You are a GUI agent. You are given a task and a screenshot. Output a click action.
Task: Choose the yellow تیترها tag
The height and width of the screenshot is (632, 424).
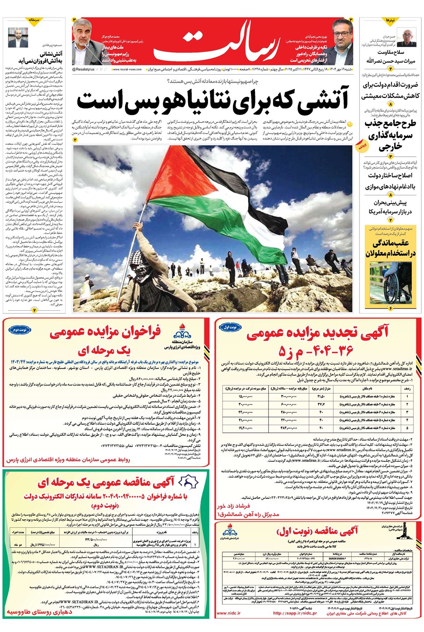tap(390, 21)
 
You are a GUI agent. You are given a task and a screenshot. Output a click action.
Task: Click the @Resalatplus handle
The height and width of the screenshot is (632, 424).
tap(83, 69)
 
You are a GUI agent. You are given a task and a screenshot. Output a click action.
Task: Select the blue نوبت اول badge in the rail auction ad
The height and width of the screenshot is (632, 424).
tap(230, 327)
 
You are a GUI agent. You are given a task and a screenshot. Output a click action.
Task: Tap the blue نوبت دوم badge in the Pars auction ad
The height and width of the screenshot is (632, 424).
tap(19, 329)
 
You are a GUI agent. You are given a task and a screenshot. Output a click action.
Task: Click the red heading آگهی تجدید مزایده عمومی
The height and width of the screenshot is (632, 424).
tap(317, 334)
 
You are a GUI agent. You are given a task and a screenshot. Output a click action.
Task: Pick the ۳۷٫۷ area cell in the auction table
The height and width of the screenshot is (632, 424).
tap(321, 404)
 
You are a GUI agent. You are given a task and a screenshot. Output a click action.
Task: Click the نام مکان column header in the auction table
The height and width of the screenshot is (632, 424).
tap(367, 388)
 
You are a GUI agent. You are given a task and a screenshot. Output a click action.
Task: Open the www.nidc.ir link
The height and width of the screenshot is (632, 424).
tap(228, 613)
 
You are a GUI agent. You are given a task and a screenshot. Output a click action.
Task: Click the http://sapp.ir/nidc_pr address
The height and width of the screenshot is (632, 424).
tap(295, 613)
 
